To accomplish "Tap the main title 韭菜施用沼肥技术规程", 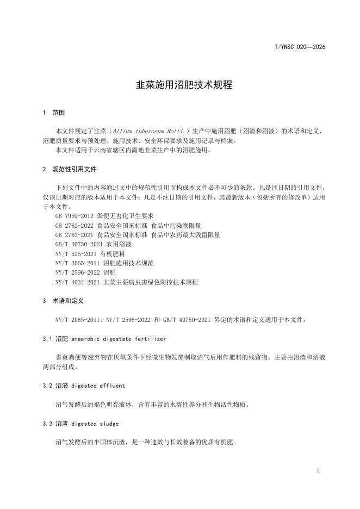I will click(179, 85).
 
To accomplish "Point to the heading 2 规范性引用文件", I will click(69, 169).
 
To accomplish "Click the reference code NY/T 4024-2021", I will click(77, 283).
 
